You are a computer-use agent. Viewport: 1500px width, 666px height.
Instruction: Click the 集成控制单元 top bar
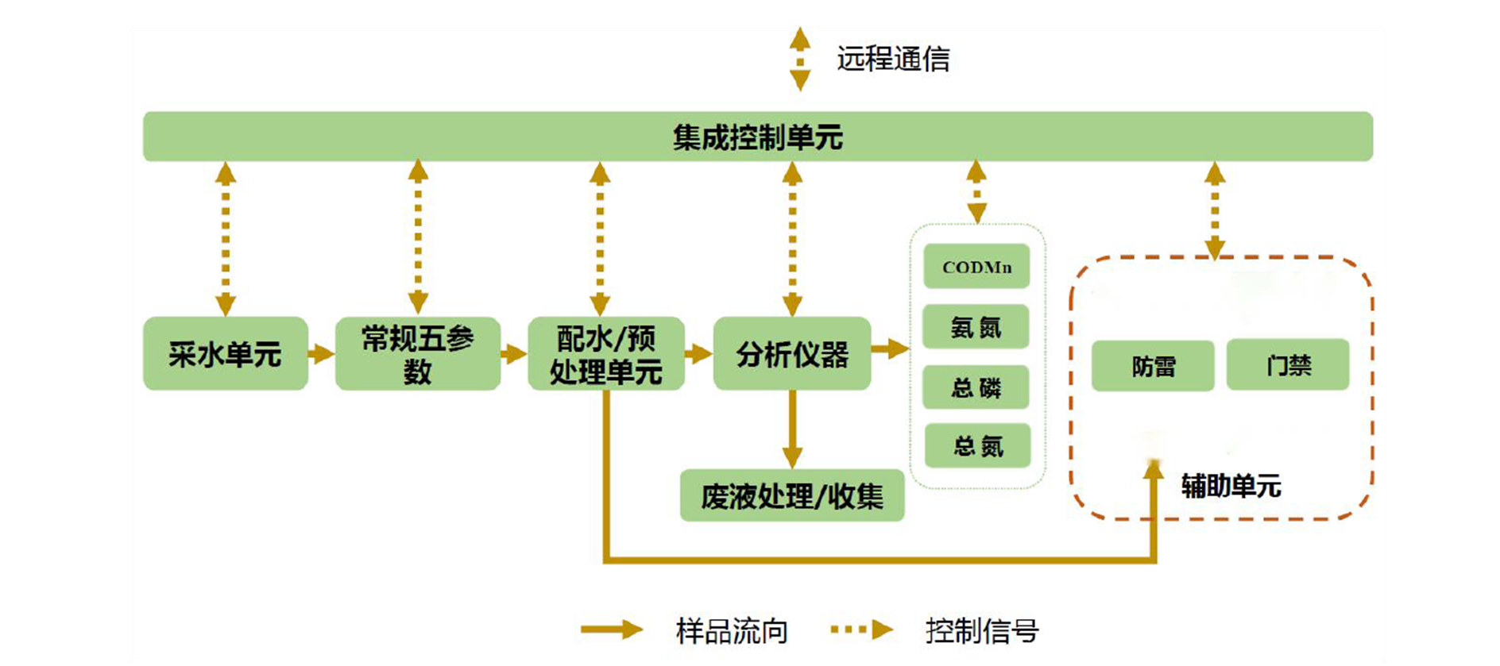(x=757, y=137)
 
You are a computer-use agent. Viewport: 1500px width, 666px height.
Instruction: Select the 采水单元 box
(x=225, y=354)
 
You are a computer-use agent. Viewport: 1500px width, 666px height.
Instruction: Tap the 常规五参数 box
(x=417, y=354)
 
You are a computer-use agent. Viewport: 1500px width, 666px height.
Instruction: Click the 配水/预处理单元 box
(x=605, y=354)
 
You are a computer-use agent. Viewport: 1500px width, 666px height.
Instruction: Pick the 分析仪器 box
(x=791, y=354)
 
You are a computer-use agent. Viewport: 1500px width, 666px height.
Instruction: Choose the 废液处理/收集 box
(x=791, y=496)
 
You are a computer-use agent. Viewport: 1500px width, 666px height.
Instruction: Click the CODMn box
(x=976, y=267)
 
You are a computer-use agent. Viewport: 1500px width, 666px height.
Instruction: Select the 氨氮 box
(x=976, y=326)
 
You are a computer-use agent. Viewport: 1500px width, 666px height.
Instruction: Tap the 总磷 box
(x=976, y=387)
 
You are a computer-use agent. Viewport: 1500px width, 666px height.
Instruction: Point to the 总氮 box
(x=977, y=446)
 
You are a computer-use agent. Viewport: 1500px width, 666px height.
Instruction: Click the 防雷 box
(x=1153, y=366)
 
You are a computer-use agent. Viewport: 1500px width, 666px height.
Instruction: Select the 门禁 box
(x=1287, y=365)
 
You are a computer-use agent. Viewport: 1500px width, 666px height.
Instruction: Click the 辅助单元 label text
(x=1231, y=485)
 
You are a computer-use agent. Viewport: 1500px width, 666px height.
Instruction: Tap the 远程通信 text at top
(x=892, y=59)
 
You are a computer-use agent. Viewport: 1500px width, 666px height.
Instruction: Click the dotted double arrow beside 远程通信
(x=800, y=59)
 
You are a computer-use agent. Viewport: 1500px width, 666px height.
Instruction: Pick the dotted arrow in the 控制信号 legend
(x=862, y=630)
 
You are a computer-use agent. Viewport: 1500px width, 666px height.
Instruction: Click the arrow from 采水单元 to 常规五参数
(x=321, y=354)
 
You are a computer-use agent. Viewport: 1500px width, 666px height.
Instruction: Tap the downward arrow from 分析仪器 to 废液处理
(x=791, y=429)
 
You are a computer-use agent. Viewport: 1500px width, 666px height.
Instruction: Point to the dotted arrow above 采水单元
(x=226, y=238)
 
